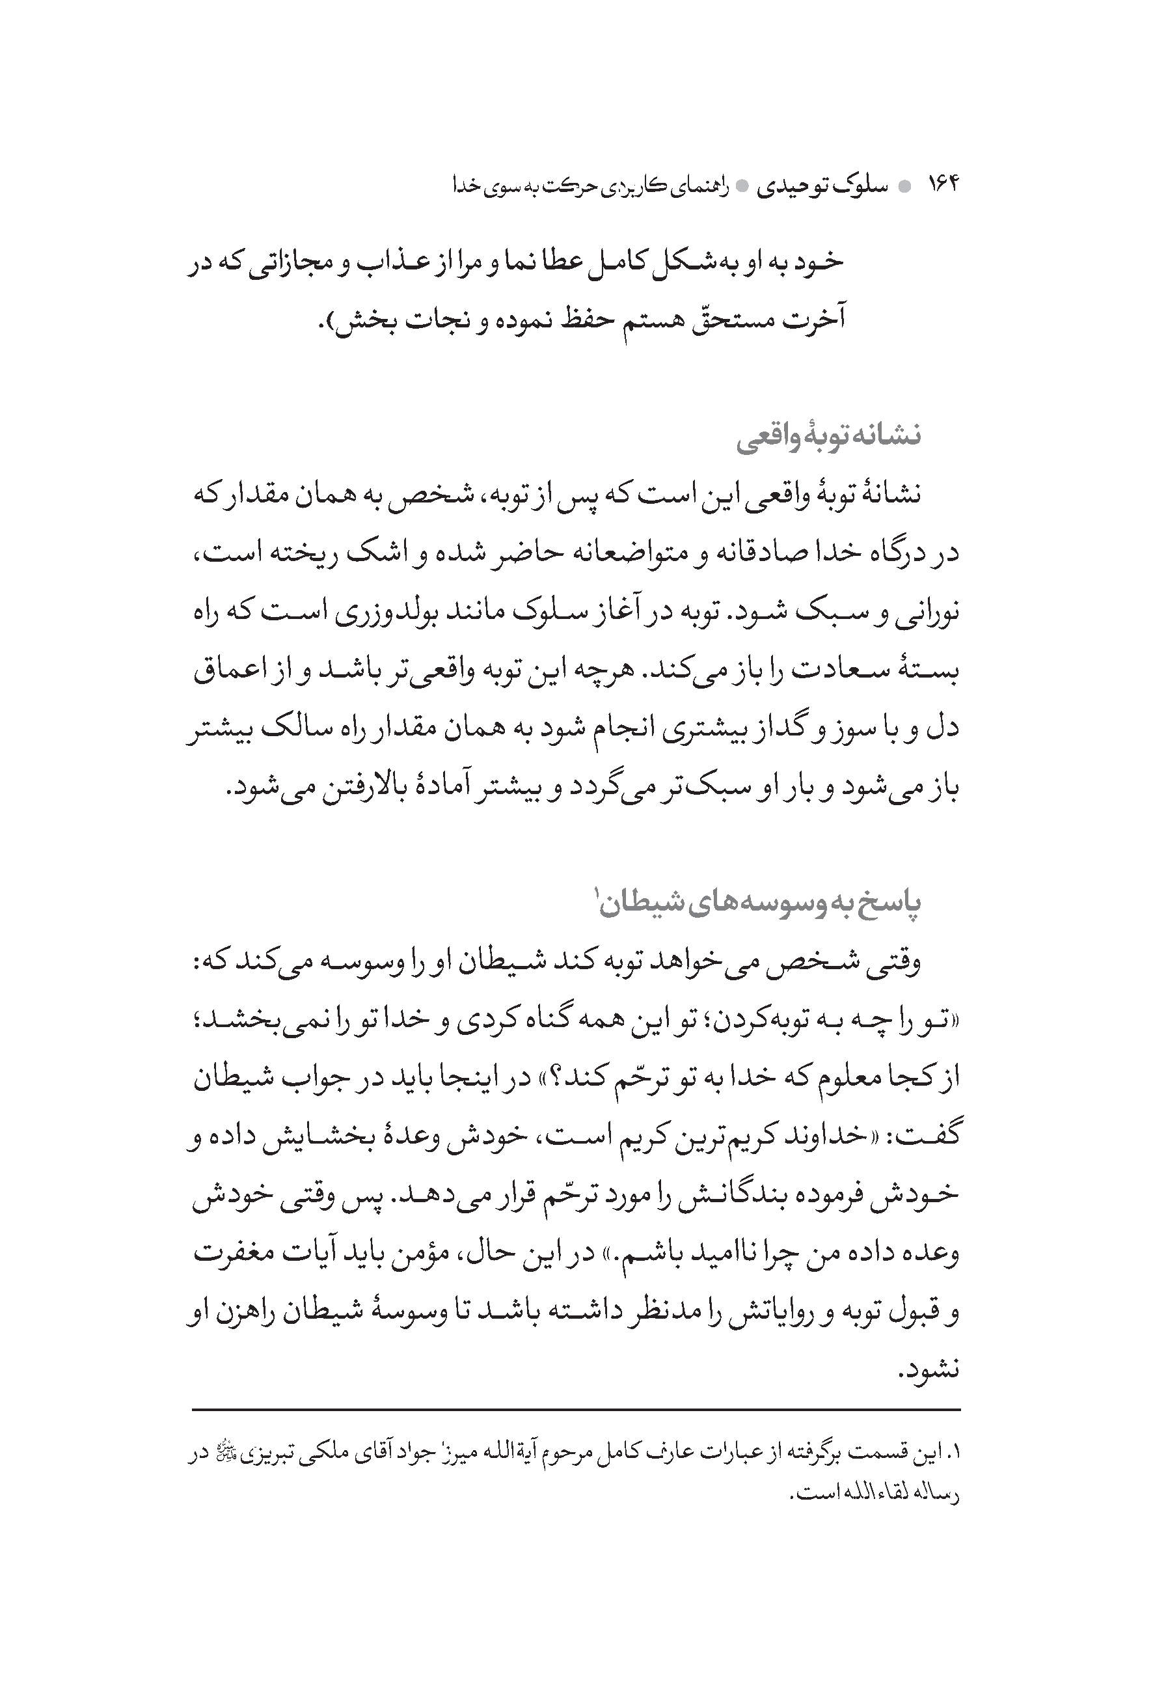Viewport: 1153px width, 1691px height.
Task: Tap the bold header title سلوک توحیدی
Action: click(822, 187)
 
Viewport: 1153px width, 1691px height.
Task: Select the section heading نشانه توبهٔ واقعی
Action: click(828, 436)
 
